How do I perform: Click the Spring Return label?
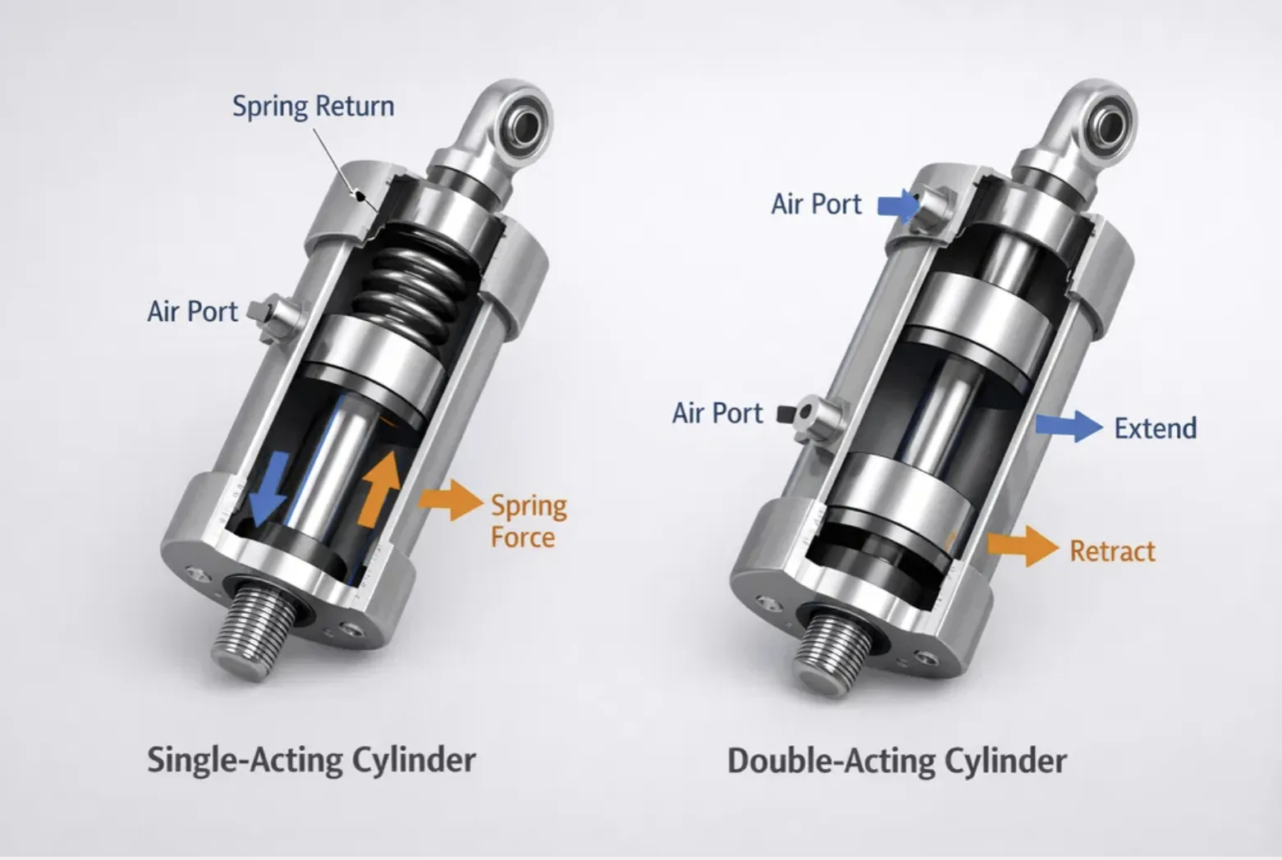(x=313, y=107)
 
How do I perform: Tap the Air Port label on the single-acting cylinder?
(x=192, y=311)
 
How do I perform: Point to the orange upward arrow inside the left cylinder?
(x=379, y=488)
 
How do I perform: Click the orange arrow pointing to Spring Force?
(x=451, y=500)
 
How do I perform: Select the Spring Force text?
(x=529, y=522)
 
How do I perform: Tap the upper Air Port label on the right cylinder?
(x=816, y=204)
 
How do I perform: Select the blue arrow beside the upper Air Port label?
(x=899, y=205)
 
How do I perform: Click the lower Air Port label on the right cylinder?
(x=717, y=413)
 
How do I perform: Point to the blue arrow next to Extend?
(x=1069, y=426)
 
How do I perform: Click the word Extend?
(x=1156, y=428)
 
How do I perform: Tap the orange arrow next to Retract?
(x=1023, y=546)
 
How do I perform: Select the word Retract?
(x=1113, y=551)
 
